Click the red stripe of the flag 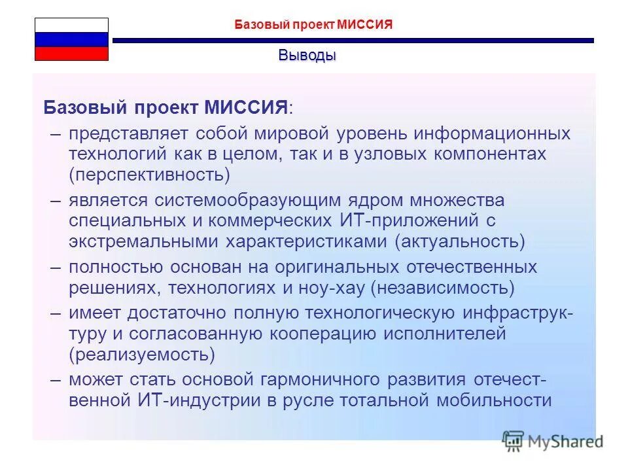(71, 54)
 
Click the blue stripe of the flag (71, 39)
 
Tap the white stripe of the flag (71, 26)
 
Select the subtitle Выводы (307, 55)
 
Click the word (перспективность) (150, 175)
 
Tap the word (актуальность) (459, 242)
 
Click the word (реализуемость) (142, 355)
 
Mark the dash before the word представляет (57, 133)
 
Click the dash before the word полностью (57, 267)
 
